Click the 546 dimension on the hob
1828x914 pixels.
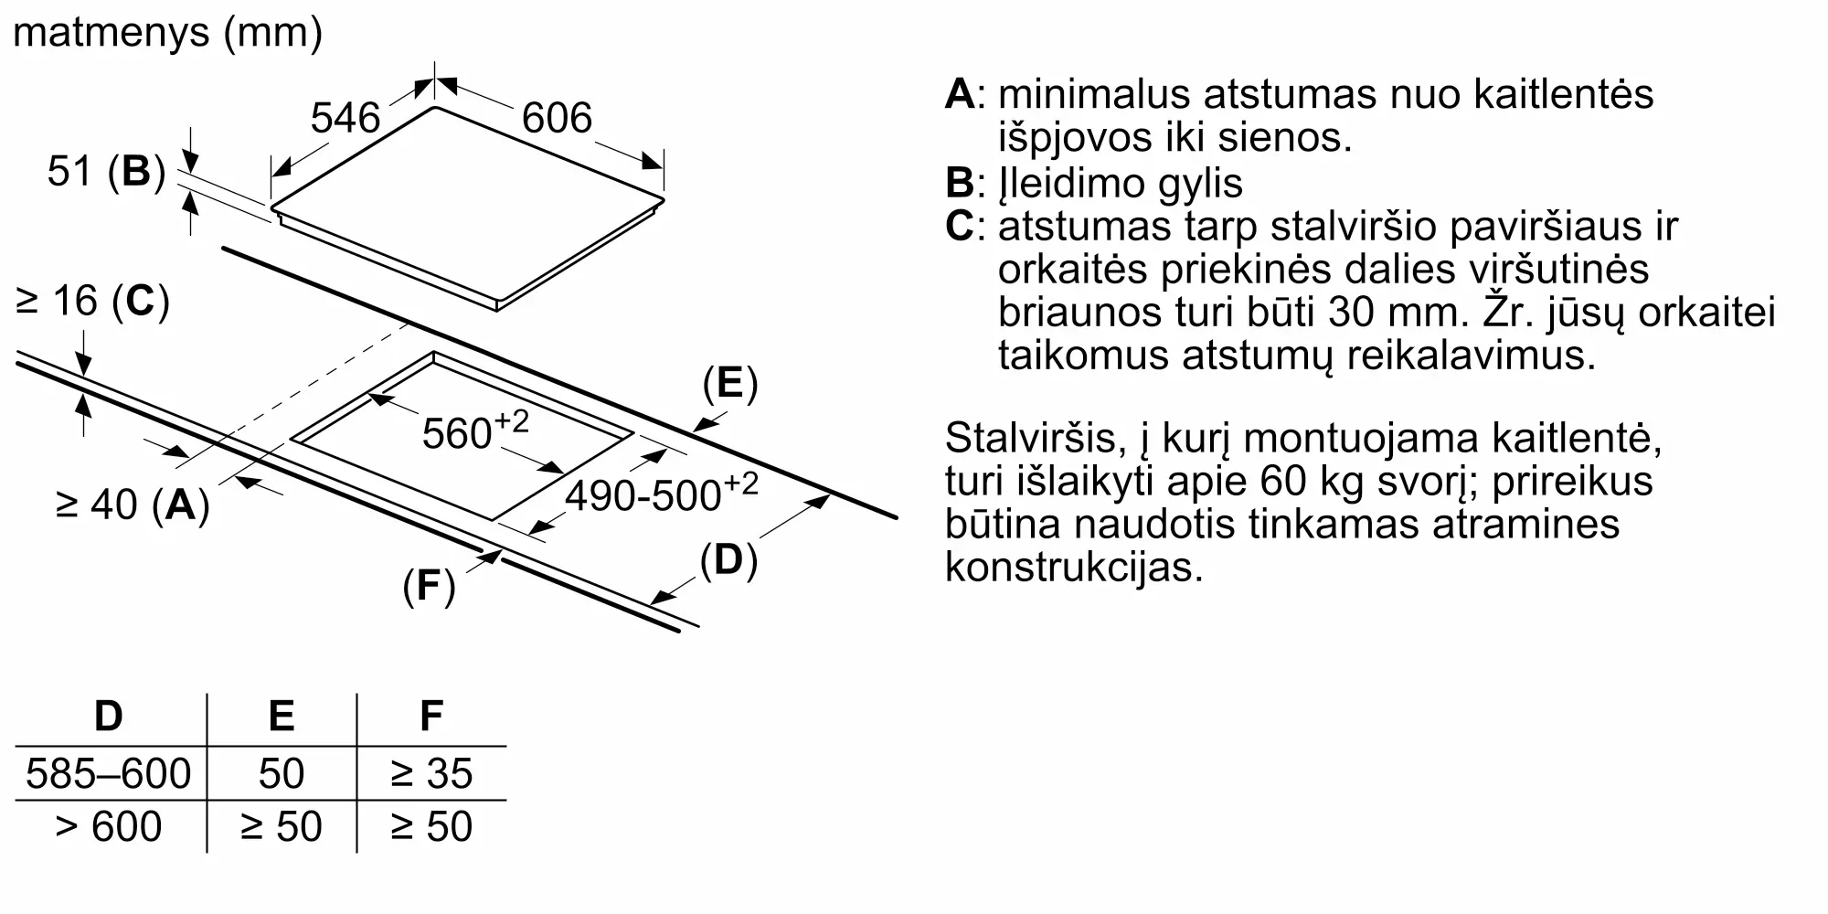click(x=345, y=118)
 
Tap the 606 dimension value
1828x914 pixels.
click(x=557, y=118)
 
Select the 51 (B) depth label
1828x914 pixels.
click(x=106, y=171)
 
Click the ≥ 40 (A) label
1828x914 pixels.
click(x=133, y=504)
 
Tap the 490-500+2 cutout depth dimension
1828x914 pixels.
click(x=661, y=494)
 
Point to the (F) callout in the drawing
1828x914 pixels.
click(x=429, y=585)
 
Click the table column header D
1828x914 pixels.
click(x=109, y=716)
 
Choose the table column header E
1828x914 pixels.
click(x=282, y=716)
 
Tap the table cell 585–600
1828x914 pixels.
click(x=109, y=773)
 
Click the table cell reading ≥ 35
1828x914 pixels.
click(x=430, y=773)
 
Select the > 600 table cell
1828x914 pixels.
click(x=109, y=826)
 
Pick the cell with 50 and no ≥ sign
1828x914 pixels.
click(x=282, y=773)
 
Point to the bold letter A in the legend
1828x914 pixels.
click(x=960, y=93)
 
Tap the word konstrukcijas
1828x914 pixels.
click(x=1074, y=567)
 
